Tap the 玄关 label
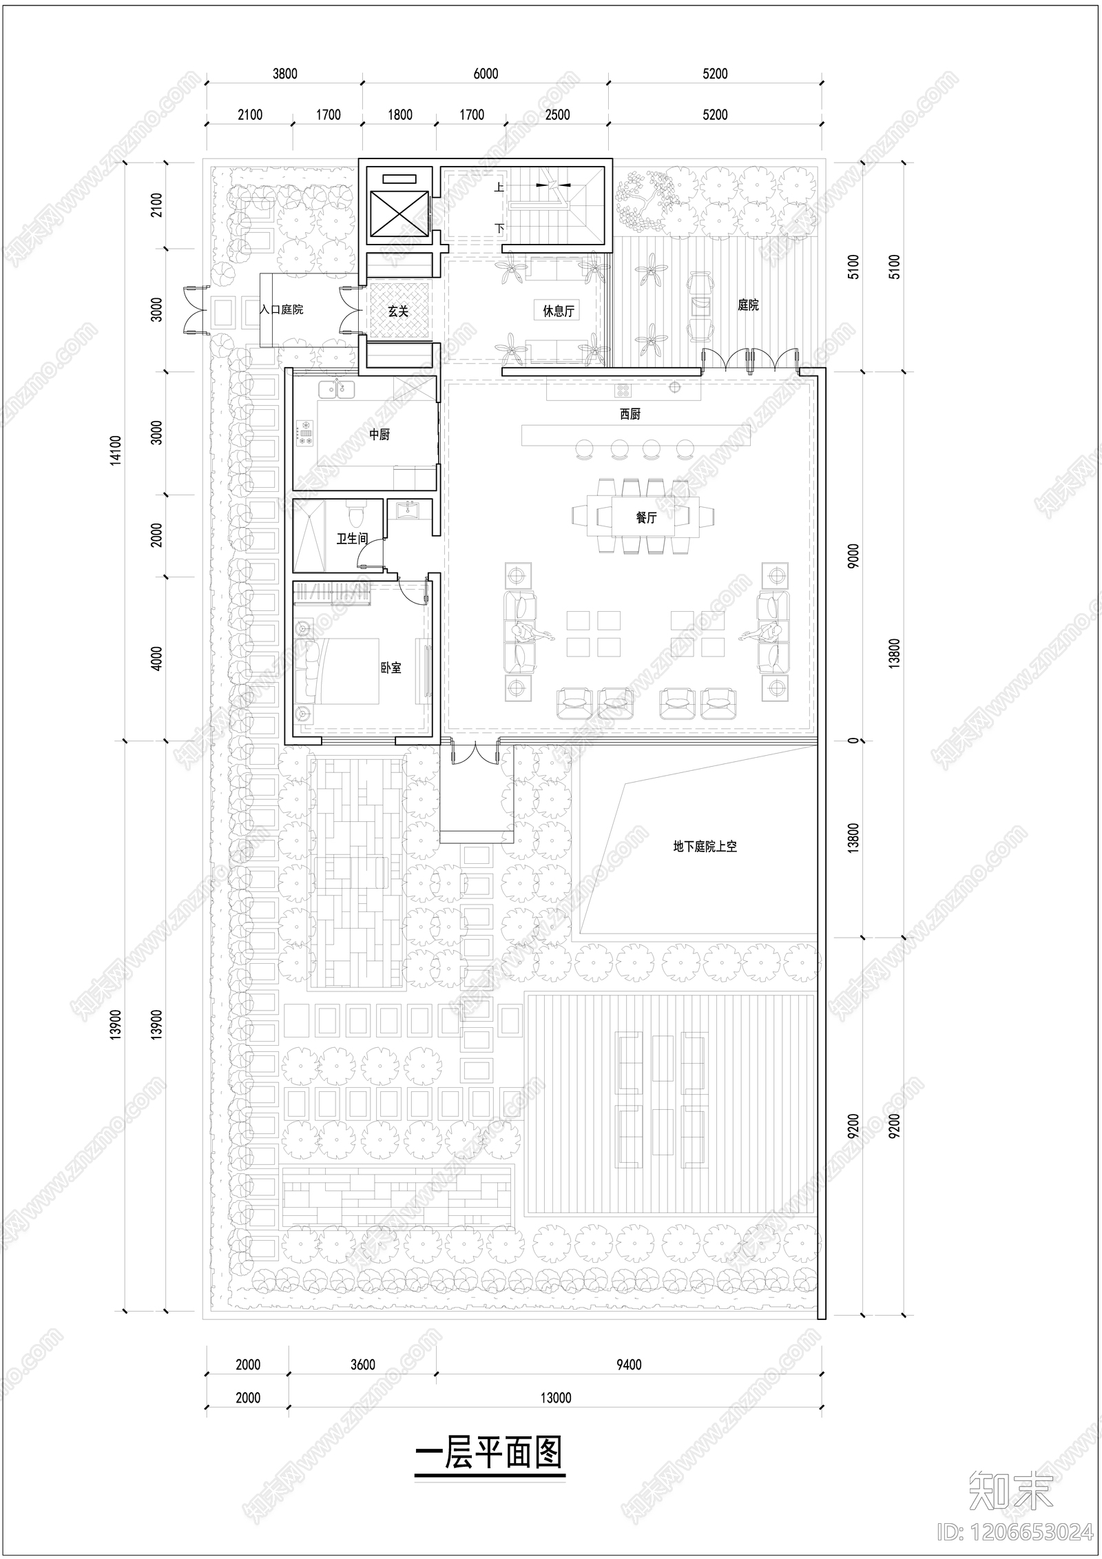[398, 311]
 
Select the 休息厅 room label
[558, 311]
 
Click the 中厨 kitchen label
[380, 435]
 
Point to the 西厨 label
[630, 414]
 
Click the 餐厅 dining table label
[646, 517]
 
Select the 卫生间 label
[352, 538]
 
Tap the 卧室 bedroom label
[391, 668]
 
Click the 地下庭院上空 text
[705, 847]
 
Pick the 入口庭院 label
[281, 310]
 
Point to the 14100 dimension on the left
[116, 450]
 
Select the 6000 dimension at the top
[486, 74]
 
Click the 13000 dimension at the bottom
[555, 1398]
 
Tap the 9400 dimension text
[628, 1365]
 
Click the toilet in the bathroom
[355, 515]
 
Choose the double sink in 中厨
[337, 390]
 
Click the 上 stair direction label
[499, 187]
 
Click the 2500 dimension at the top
[557, 115]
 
